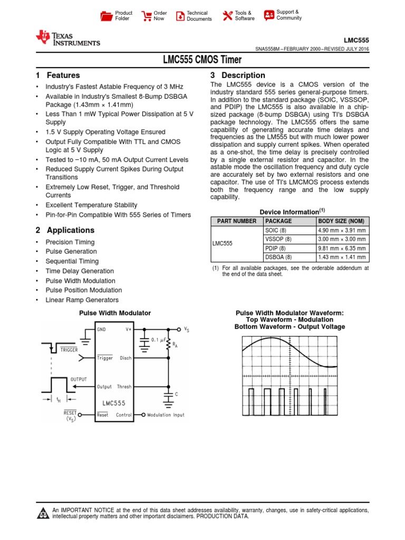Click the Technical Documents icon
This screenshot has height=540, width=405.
(180, 16)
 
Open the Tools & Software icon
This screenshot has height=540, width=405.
(227, 16)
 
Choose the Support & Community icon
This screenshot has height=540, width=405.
(269, 15)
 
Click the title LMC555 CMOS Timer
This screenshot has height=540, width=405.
(202, 60)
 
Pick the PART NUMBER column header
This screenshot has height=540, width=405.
(234, 221)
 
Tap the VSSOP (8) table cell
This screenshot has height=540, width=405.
(278, 239)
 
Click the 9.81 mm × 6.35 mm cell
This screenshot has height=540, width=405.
(342, 248)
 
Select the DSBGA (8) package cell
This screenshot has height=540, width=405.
(278, 258)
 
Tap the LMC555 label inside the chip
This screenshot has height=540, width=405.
(114, 402)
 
